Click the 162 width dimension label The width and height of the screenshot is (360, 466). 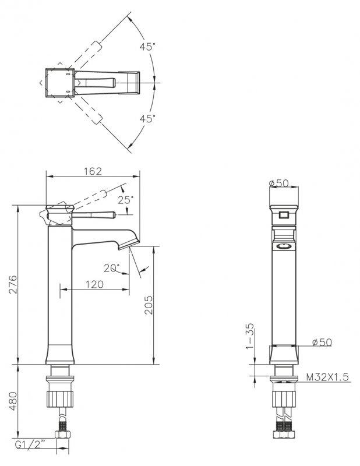[93, 171]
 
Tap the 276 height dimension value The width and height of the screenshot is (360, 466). [13, 284]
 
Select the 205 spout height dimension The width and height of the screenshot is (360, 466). [149, 305]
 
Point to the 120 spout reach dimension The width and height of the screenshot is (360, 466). [94, 284]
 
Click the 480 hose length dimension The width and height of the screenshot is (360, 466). [13, 401]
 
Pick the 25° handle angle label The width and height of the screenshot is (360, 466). [126, 200]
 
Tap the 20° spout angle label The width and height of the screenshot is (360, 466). [112, 268]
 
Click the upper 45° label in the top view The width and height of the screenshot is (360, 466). [148, 47]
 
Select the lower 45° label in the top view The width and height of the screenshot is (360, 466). [148, 119]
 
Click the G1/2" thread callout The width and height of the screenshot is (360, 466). [30, 445]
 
